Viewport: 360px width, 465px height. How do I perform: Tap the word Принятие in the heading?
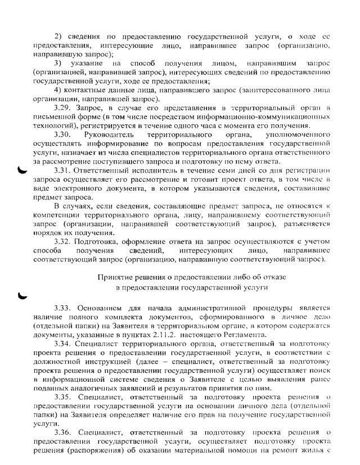click(x=115, y=277)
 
